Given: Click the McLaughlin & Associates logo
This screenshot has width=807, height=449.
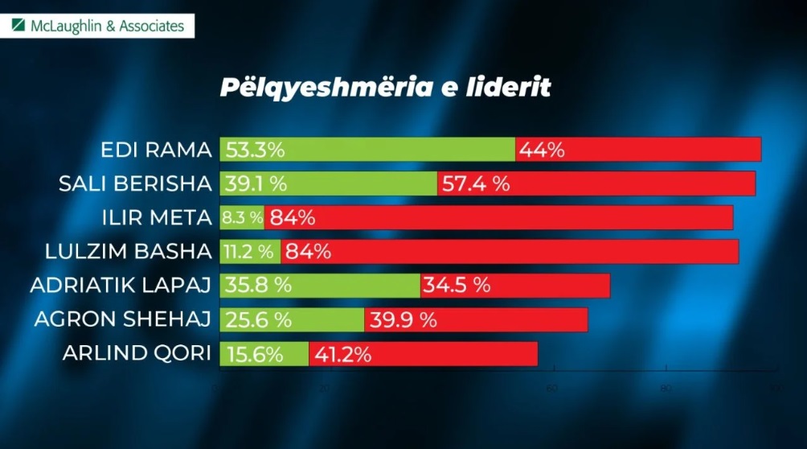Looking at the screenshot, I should point(98,26).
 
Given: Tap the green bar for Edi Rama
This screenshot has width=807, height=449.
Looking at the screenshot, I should point(402,150).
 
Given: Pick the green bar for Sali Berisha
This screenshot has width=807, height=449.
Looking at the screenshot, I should point(362,183).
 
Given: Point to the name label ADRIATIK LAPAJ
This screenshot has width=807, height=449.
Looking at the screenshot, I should point(121,286).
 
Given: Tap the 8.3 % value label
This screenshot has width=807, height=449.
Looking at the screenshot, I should point(243,217).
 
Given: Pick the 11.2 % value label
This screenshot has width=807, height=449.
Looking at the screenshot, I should point(249,251).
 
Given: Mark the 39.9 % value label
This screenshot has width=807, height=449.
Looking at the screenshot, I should point(403,319).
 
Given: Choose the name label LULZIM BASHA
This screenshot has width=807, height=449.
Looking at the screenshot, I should point(129,251).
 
